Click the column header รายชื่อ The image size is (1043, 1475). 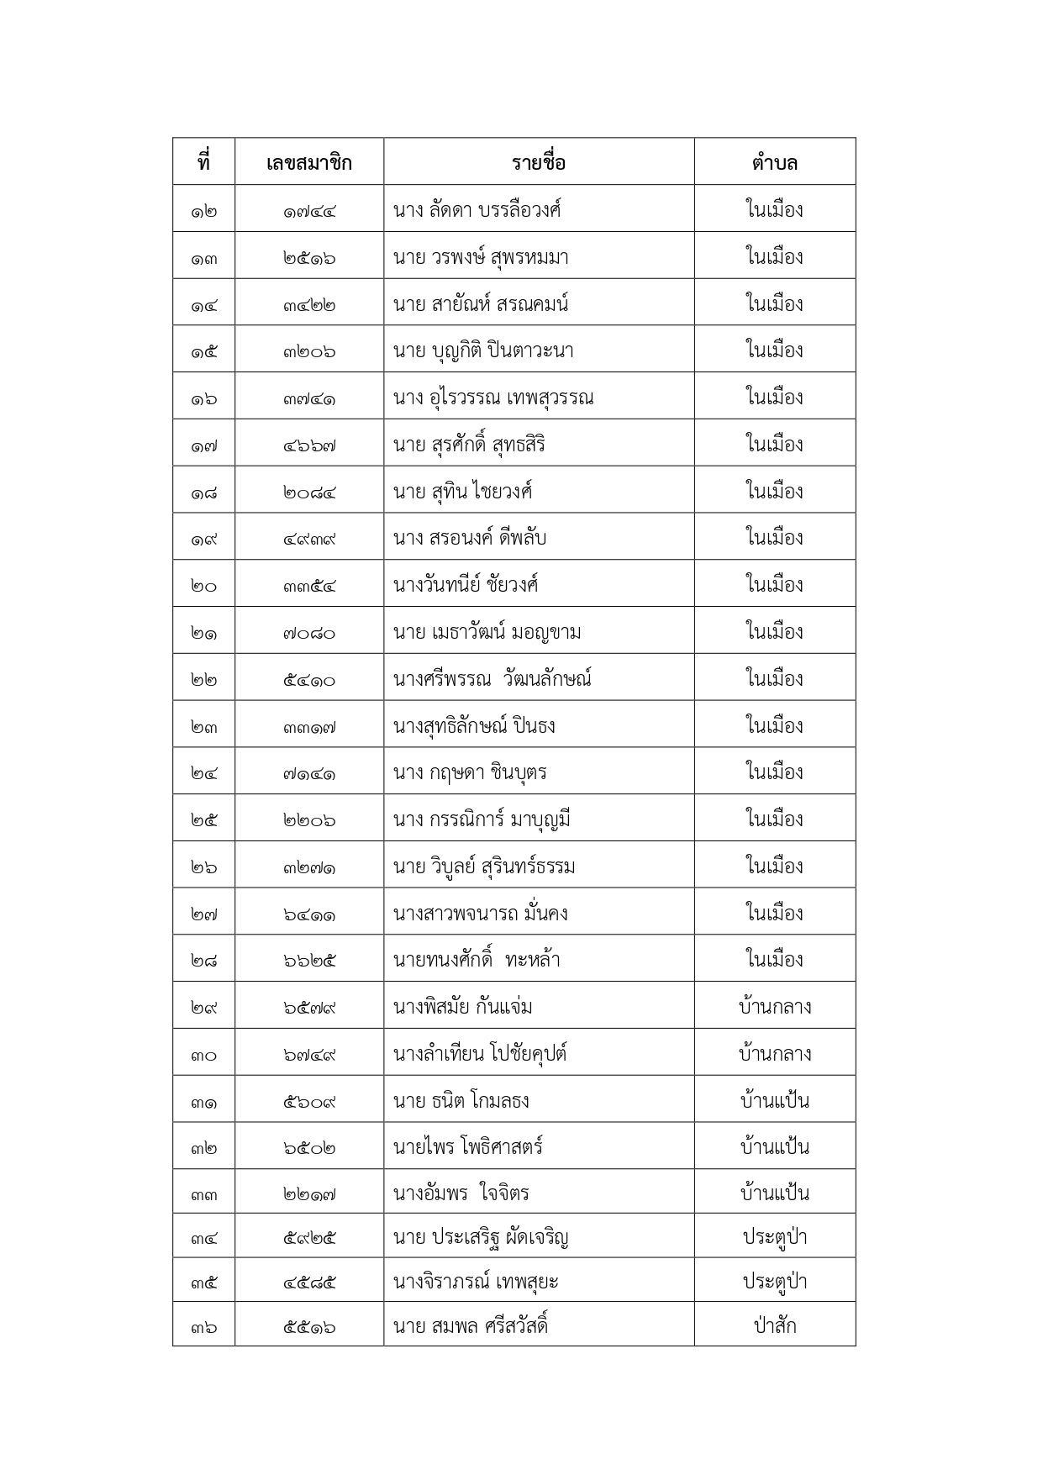point(539,162)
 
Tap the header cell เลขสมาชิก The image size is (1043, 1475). point(309,162)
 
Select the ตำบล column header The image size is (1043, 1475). point(774,162)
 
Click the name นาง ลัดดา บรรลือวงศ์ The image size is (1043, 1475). point(477,209)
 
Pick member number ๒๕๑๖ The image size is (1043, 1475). point(309,257)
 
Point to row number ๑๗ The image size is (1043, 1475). point(203,445)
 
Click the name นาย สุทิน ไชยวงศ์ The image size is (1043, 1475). point(462,492)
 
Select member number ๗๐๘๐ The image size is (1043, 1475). point(309,633)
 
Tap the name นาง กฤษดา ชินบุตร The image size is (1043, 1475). point(470,772)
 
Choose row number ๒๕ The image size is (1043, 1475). point(203,820)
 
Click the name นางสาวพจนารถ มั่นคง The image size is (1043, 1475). point(480,914)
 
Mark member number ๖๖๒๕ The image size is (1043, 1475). point(309,961)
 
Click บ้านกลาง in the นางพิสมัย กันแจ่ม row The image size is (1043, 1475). point(774,1007)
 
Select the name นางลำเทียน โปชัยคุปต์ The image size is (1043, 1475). point(480,1054)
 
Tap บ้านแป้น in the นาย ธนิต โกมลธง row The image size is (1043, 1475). point(774,1101)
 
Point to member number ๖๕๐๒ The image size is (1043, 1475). point(309,1148)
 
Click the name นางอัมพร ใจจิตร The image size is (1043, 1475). point(461,1194)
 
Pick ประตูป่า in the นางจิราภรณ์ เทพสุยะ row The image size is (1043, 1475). point(774,1282)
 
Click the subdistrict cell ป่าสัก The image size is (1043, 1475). point(774,1326)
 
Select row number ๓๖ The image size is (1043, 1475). point(203,1327)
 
